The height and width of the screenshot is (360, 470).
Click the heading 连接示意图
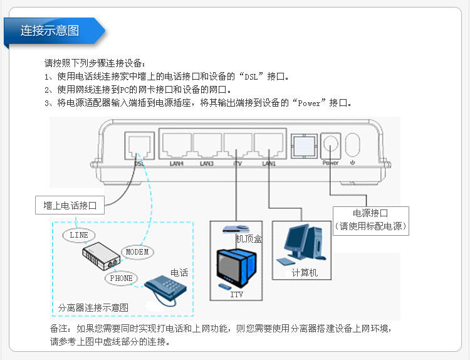(x=50, y=31)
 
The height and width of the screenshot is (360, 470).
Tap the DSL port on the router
(x=139, y=146)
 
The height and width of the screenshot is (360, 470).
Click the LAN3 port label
(x=207, y=164)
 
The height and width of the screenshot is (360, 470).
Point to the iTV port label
(x=238, y=164)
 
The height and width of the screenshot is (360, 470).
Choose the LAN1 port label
(x=269, y=164)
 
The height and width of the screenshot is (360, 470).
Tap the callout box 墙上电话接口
(x=70, y=205)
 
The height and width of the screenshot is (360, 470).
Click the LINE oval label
(x=79, y=235)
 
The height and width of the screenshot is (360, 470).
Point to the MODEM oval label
(x=137, y=251)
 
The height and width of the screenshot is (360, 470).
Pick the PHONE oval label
(x=120, y=278)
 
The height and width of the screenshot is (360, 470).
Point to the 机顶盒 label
(x=248, y=239)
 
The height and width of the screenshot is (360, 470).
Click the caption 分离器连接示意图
(x=93, y=307)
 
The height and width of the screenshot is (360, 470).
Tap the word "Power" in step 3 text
(x=308, y=103)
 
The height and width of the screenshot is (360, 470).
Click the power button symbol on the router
(x=353, y=146)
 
